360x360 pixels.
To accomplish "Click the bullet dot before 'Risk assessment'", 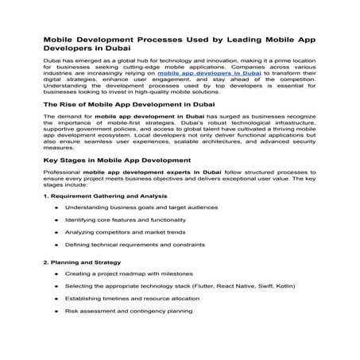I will (56, 312).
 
